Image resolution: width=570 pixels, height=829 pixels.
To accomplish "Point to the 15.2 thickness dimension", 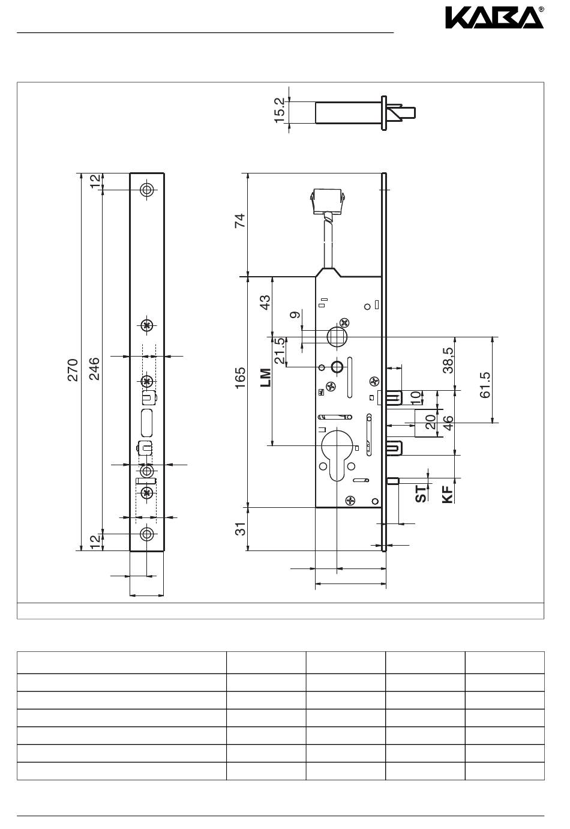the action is click(x=279, y=110).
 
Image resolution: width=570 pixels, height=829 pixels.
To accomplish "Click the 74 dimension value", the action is click(x=240, y=220).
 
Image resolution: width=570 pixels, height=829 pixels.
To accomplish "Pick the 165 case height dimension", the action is click(x=240, y=378).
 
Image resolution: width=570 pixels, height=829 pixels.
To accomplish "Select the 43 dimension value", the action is click(x=265, y=303).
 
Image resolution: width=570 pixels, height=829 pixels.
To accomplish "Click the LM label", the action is click(x=266, y=378).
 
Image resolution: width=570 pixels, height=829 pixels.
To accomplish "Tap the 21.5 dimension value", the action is click(x=280, y=350).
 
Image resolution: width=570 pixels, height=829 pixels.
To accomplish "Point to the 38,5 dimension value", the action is click(x=448, y=360).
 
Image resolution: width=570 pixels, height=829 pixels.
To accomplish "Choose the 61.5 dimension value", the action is click(x=485, y=385).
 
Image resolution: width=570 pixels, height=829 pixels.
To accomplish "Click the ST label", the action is click(x=421, y=494).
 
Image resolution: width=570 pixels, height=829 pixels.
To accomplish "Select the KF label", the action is click(x=448, y=495).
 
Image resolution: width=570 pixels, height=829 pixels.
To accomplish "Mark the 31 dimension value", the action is click(x=240, y=529).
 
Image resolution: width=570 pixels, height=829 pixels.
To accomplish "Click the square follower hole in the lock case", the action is click(x=337, y=336).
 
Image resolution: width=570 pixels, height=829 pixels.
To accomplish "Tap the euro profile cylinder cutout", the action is click(x=337, y=453).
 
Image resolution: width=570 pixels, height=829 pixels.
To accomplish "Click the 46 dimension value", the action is click(x=448, y=423).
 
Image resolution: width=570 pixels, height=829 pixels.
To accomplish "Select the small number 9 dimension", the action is click(x=295, y=315).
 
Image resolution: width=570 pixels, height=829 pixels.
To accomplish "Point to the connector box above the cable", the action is click(x=328, y=201).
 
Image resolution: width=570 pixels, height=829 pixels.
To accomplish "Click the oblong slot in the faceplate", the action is click(x=147, y=423).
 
